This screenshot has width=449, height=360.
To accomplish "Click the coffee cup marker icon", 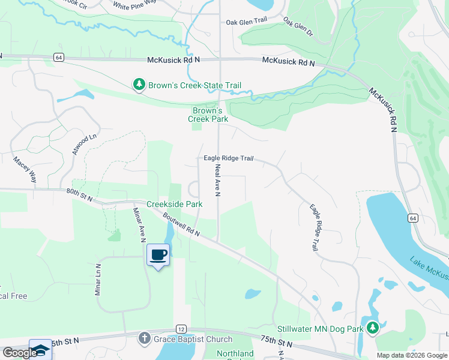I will [158, 254].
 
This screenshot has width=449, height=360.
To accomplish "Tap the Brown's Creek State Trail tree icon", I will [139, 85].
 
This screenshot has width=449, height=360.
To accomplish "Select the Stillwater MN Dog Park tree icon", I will [373, 329].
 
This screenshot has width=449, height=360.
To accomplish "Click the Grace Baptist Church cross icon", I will [143, 338].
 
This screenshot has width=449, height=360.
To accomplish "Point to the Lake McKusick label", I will [429, 269].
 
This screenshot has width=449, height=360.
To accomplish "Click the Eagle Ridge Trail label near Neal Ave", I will [228, 158].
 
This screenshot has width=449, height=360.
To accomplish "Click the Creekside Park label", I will [176, 204].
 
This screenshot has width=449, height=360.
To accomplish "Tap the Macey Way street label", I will [25, 170].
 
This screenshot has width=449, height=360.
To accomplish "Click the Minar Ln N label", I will [97, 280].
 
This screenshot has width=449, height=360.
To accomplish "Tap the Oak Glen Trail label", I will [246, 22].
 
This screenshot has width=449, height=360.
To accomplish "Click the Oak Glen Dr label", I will [298, 26].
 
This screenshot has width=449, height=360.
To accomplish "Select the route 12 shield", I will [180, 329].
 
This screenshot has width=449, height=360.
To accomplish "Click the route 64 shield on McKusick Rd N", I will [58, 57].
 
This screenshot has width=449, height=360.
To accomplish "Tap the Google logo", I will [20, 352].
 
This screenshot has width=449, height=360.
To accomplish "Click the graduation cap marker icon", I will [41, 349].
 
